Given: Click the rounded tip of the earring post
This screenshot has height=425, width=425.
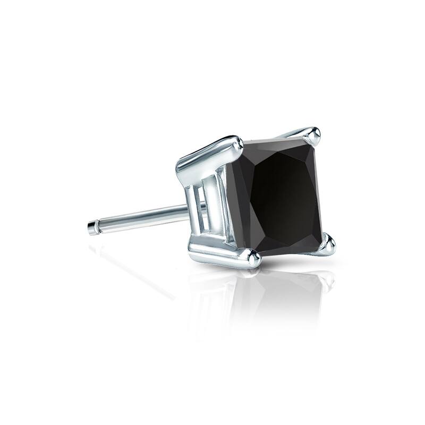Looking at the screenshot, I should [91, 228].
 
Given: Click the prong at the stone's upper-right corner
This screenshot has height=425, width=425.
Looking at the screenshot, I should [315, 136].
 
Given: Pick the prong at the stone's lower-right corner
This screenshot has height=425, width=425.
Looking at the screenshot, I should [328, 245].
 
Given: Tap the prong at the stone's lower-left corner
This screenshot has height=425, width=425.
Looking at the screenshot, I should [252, 258].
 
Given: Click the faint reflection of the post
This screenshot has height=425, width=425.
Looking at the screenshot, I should [133, 266].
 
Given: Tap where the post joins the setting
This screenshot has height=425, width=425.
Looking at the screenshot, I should [187, 211].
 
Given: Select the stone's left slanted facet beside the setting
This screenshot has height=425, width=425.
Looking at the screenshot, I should [242, 202].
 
